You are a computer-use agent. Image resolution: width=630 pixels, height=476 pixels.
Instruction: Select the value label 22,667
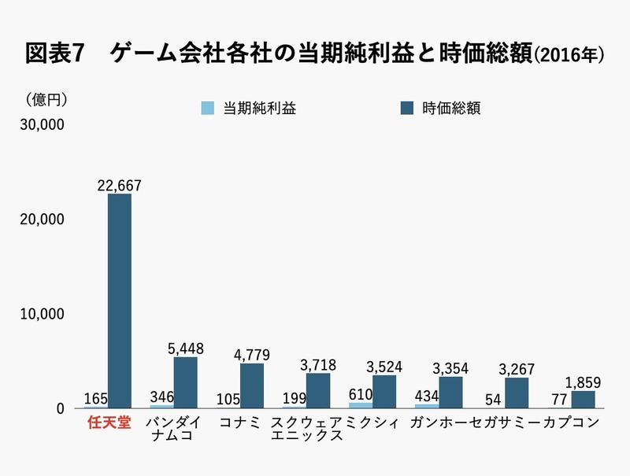120,185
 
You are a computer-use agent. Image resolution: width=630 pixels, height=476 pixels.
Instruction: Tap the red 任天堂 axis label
108,422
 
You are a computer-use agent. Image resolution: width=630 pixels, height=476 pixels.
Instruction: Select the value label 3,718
319,364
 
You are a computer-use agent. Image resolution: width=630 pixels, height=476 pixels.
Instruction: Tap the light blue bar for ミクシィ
361,405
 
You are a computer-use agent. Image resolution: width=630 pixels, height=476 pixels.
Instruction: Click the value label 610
361,394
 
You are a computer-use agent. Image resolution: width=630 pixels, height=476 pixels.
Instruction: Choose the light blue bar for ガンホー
428,406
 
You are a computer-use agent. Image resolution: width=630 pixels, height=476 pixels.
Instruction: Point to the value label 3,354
451,368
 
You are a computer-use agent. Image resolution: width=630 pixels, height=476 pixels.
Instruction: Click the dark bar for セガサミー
517,393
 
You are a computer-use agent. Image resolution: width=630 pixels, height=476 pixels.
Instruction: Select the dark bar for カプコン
584,400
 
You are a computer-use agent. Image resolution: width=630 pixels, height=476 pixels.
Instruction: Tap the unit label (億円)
47,100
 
